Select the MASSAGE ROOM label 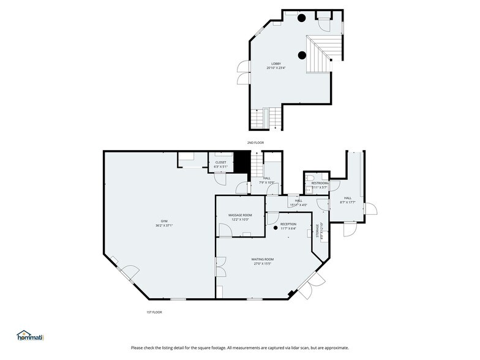(x=240, y=215)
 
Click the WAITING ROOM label (x=263, y=259)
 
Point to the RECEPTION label (x=288, y=224)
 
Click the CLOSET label (x=220, y=162)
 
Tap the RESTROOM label (x=320, y=183)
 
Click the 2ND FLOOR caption (x=255, y=143)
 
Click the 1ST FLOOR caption (x=154, y=312)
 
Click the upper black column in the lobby (x=302, y=18)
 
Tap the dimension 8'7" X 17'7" (x=347, y=202)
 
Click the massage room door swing (x=225, y=229)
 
